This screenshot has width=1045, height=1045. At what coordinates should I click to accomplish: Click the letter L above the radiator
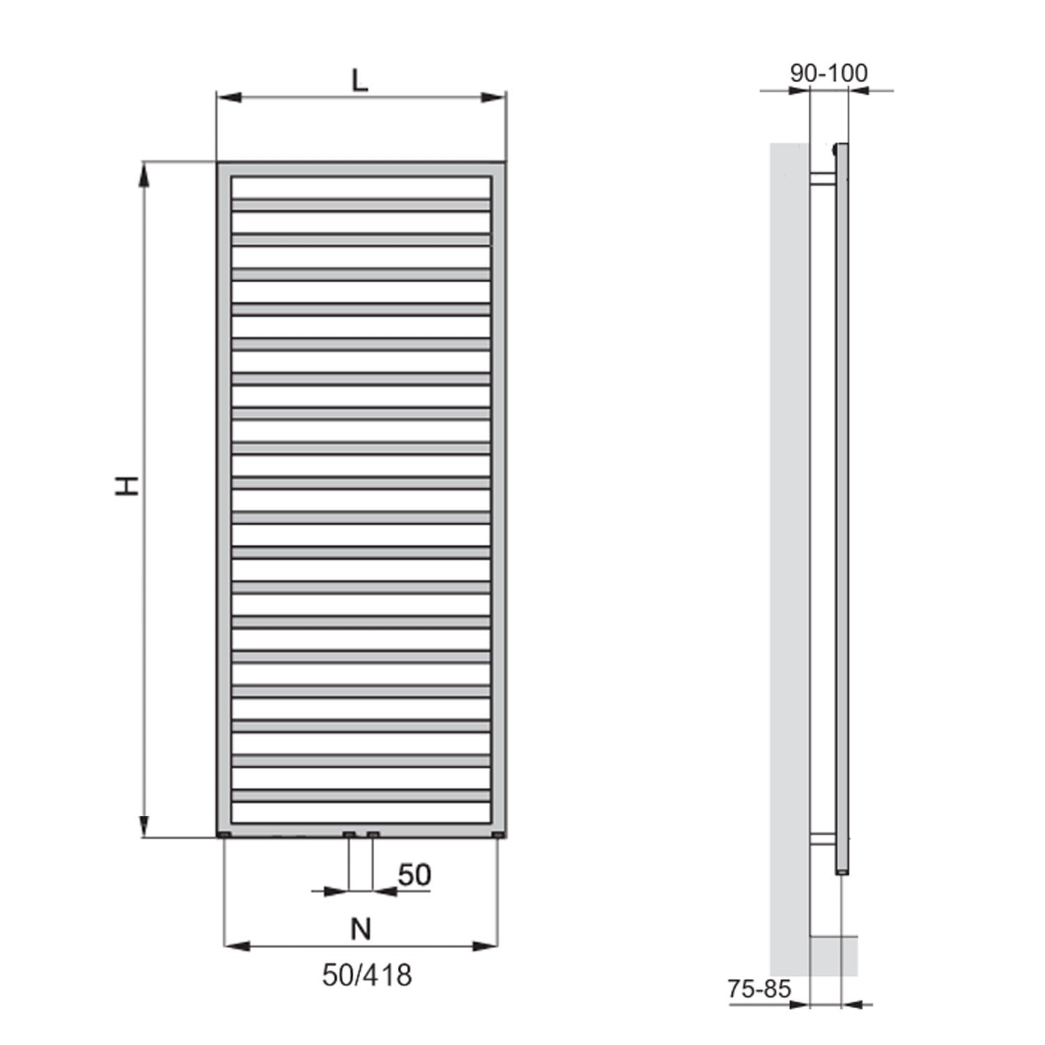(x=359, y=81)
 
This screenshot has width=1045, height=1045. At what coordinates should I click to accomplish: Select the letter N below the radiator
(x=361, y=929)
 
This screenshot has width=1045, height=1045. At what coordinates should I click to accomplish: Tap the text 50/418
(x=366, y=975)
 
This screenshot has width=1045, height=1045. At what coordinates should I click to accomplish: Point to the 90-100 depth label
(x=829, y=73)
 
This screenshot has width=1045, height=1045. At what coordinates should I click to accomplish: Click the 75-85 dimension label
(x=759, y=989)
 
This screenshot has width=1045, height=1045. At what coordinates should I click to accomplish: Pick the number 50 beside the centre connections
(x=415, y=875)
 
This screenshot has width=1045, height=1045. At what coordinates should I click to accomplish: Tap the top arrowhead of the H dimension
(x=145, y=174)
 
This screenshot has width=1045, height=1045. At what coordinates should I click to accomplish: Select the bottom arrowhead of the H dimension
(x=145, y=826)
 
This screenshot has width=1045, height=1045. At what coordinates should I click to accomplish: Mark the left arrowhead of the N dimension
(x=235, y=946)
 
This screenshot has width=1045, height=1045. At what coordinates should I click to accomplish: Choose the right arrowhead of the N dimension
(x=486, y=946)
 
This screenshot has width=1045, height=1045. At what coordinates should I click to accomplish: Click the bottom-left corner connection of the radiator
(x=224, y=835)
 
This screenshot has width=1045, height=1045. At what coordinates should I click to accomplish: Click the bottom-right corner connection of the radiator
(x=497, y=835)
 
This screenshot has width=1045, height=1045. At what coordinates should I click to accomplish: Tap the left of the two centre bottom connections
(x=349, y=835)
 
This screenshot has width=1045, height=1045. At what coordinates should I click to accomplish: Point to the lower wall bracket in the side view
(x=823, y=839)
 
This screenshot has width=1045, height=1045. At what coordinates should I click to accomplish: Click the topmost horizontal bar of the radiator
(x=361, y=205)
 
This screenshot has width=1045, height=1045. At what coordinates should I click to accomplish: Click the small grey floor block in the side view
(x=833, y=956)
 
